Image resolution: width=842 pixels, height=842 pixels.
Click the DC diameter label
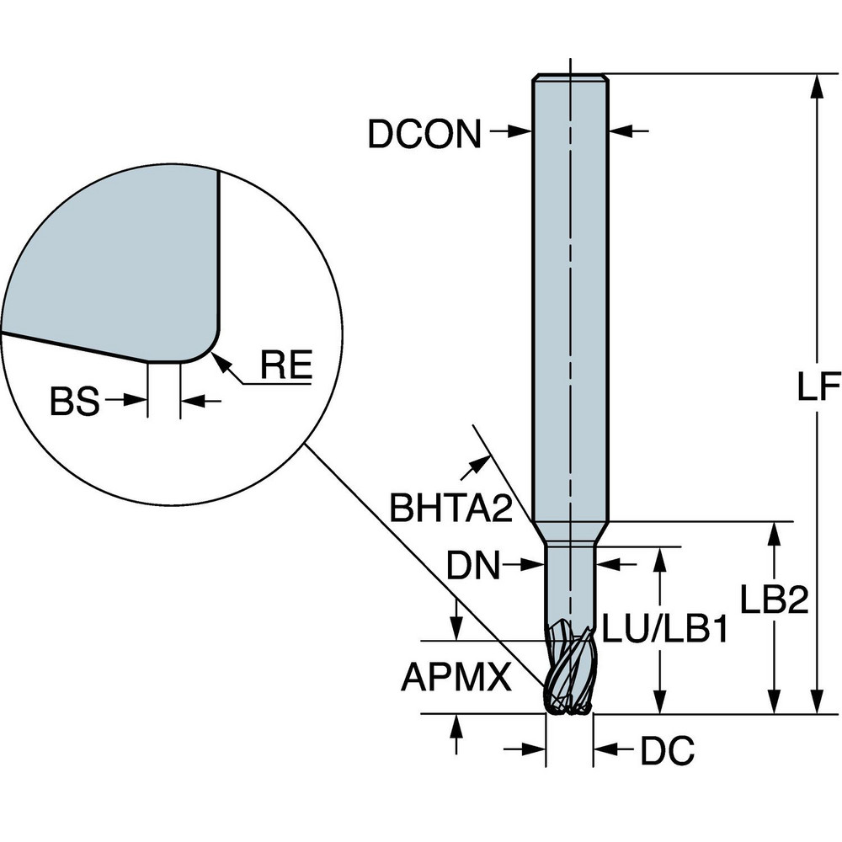(x=667, y=751)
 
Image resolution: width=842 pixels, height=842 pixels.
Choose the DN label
(x=474, y=566)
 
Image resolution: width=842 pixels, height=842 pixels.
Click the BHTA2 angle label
(x=451, y=507)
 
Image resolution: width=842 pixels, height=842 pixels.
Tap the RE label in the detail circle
(x=285, y=365)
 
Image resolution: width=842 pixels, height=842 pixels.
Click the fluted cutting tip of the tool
(x=568, y=674)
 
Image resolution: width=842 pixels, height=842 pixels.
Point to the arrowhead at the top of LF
(x=816, y=84)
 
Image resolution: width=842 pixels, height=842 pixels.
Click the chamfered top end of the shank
(x=570, y=78)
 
